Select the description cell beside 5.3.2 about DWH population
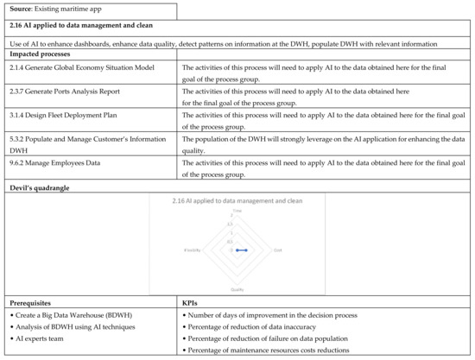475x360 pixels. pyautogui.click(x=320, y=142)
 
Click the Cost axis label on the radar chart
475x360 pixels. pyautogui.click(x=277, y=250)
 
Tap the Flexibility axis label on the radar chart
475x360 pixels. pyautogui.click(x=193, y=250)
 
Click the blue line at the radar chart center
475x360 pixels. pyautogui.click(x=241, y=249)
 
